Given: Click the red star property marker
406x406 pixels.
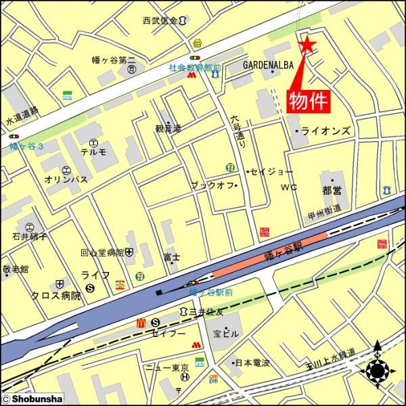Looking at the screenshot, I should pos(306,45).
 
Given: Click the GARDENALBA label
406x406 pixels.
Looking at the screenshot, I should pos(268,65).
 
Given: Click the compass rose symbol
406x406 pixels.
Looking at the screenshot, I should pos(378,370).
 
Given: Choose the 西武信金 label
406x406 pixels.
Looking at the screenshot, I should pos(160,21).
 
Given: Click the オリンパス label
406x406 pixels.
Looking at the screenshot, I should pos(64,181).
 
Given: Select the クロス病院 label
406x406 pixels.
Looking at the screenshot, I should pos(56,296).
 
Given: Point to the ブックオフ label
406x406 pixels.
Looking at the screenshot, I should pos(212,185).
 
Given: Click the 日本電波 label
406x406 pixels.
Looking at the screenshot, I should pos(252,363).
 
